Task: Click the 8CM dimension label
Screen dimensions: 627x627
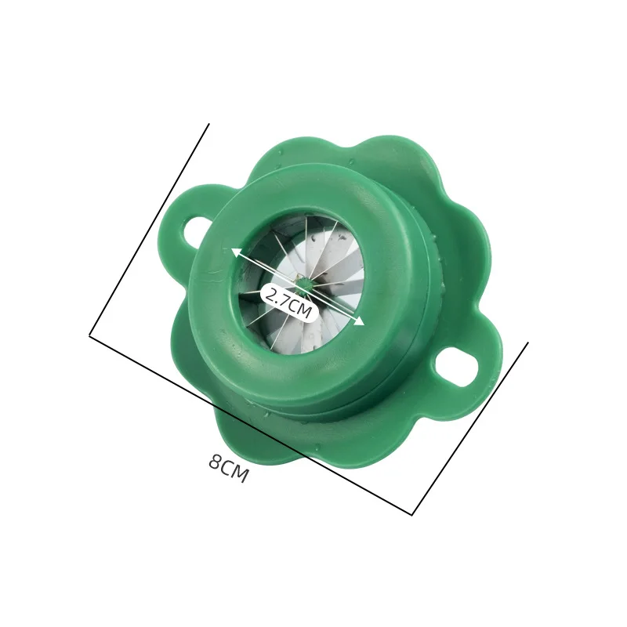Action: point(228,469)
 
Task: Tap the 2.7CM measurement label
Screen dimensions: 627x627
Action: point(288,302)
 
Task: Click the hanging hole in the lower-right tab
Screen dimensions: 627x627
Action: point(457,365)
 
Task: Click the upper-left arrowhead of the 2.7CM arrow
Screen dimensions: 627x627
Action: point(235,252)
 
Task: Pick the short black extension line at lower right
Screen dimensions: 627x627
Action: point(470,428)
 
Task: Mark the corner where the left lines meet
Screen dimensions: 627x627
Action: point(90,336)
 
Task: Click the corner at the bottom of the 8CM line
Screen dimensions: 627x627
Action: point(412,515)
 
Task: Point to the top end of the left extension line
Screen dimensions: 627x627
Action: point(208,124)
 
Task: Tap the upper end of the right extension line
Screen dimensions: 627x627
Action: point(527,342)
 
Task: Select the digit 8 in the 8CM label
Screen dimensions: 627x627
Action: point(216,462)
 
